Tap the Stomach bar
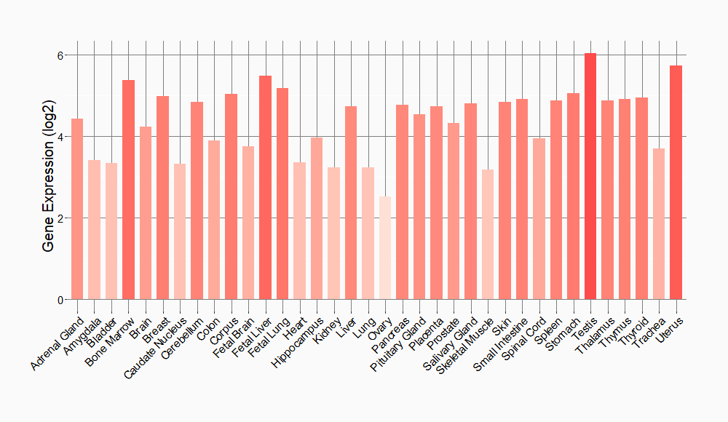[x=573, y=196]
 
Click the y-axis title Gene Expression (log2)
[x=48, y=177]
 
